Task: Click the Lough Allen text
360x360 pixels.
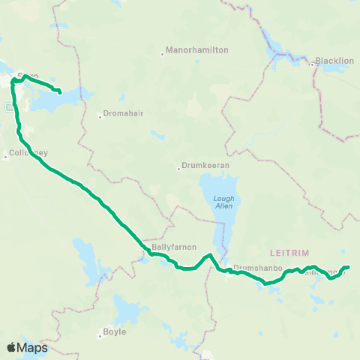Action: coord(223,202)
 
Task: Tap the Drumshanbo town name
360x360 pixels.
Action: coord(257,268)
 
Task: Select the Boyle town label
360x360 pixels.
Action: coord(115,331)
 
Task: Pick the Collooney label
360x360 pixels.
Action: coord(28,153)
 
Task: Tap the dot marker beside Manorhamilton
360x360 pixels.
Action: coord(162,53)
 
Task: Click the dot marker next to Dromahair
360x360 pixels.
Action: coord(100,115)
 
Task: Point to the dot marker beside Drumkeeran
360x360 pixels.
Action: coord(178,169)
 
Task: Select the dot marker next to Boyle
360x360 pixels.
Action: coord(100,336)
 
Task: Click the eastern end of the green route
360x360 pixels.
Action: coord(349,267)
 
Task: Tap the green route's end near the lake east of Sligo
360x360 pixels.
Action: coord(59,94)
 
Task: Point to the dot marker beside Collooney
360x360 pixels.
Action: coord(5,156)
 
